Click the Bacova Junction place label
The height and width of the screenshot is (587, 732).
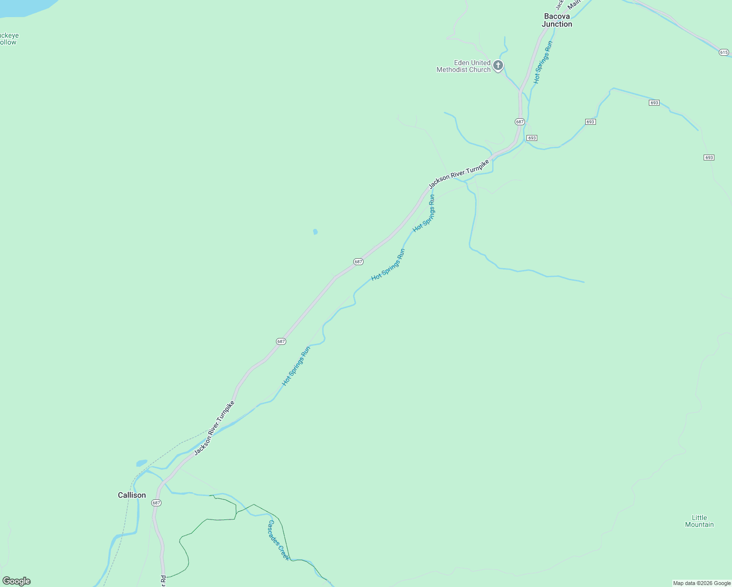pyautogui.click(x=557, y=20)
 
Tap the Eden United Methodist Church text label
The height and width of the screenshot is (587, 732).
pyautogui.click(x=463, y=66)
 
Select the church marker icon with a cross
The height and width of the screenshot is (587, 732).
pyautogui.click(x=498, y=66)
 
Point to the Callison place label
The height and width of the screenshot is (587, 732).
pyautogui.click(x=132, y=495)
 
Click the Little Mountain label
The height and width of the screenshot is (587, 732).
pyautogui.click(x=699, y=521)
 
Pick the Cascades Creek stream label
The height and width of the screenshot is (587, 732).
pyautogui.click(x=278, y=540)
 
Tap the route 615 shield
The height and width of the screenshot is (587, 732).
pyautogui.click(x=724, y=52)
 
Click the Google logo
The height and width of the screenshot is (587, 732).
pyautogui.click(x=17, y=581)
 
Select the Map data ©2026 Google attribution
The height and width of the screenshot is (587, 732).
pyautogui.click(x=702, y=583)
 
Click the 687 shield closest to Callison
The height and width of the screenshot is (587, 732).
pyautogui.click(x=156, y=503)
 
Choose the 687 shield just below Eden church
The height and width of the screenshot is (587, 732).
pyautogui.click(x=520, y=122)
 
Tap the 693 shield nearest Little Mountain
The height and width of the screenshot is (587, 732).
pyautogui.click(x=709, y=158)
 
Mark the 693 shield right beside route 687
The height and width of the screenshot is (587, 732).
pyautogui.click(x=532, y=138)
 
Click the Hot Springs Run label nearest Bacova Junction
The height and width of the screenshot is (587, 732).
pyautogui.click(x=543, y=62)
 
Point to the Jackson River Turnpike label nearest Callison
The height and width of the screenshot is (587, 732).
pyautogui.click(x=214, y=428)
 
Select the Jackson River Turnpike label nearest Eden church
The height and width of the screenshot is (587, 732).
pyautogui.click(x=458, y=174)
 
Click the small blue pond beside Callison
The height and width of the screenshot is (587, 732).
pyautogui.click(x=141, y=463)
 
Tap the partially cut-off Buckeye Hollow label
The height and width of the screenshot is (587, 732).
pyautogui.click(x=8, y=39)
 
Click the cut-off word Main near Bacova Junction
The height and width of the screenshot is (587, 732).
pyautogui.click(x=573, y=4)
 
